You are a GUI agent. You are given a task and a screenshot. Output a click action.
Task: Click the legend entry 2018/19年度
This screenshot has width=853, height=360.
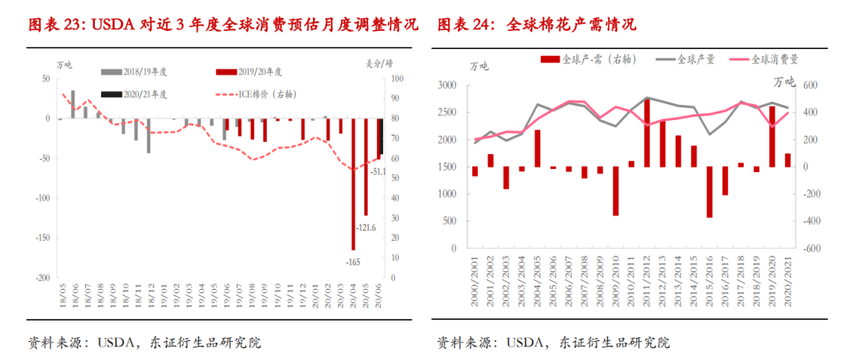pyautogui.click(x=135, y=72)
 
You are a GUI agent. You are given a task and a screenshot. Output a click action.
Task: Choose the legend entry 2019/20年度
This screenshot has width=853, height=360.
pyautogui.click(x=250, y=72)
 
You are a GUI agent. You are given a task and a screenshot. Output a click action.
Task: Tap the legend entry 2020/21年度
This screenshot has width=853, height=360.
pyautogui.click(x=135, y=94)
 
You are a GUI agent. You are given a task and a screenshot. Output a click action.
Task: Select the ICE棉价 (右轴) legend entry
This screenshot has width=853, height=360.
pyautogui.click(x=250, y=94)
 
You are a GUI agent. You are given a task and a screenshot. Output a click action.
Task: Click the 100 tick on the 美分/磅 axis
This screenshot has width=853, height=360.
pyautogui.click(x=396, y=79)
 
